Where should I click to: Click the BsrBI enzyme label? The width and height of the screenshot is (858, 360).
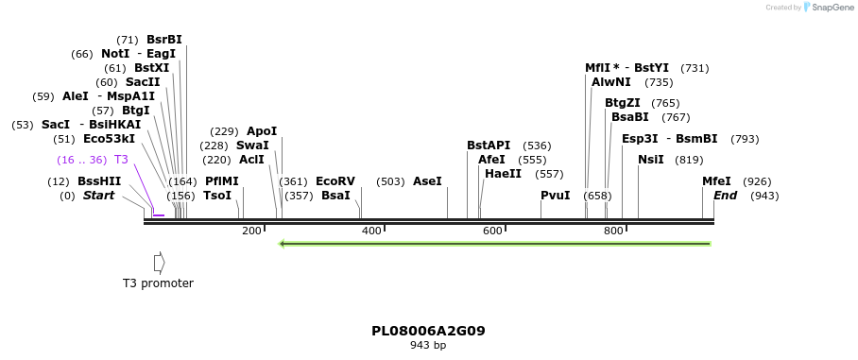[x=163, y=40]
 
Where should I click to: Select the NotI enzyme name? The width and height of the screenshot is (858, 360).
[x=115, y=54]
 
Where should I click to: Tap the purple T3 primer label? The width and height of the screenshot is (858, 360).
[x=121, y=160]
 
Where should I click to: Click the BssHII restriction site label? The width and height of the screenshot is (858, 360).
[x=99, y=181]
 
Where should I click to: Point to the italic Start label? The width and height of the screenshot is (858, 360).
[x=98, y=196]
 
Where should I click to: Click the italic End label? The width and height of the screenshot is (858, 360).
[x=725, y=196]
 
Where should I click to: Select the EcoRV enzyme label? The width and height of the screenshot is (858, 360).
[x=335, y=181]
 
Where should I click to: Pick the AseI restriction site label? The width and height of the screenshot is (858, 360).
[x=427, y=181]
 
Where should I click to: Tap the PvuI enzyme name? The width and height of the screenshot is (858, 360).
[x=555, y=196]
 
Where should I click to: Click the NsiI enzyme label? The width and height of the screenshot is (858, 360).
[x=651, y=160]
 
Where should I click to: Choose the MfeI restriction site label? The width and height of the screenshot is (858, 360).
[x=716, y=181]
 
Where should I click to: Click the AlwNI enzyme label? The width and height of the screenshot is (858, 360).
[x=611, y=82]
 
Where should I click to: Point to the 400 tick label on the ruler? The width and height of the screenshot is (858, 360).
[x=371, y=231]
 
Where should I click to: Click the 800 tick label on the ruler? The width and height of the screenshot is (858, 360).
[x=613, y=231]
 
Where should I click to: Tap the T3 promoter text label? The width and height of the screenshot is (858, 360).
[x=158, y=283]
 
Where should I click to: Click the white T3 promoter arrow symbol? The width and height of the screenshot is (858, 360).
[x=160, y=262]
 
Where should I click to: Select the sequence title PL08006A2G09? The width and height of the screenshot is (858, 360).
[x=428, y=331]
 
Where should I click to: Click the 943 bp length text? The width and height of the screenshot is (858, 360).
[x=428, y=346]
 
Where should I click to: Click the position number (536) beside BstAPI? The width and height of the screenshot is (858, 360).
[x=537, y=146]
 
